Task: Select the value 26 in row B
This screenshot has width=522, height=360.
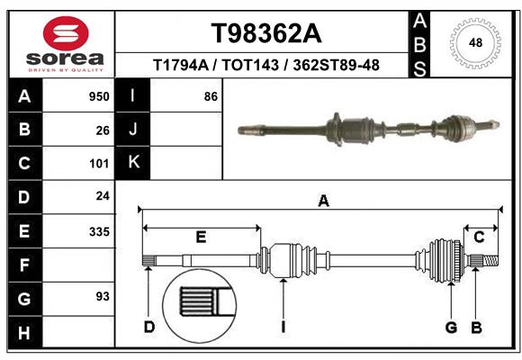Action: point(103,130)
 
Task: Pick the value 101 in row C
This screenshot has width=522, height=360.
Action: point(99,164)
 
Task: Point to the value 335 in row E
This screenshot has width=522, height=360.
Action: point(99,231)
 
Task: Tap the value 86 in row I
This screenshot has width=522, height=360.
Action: point(211,96)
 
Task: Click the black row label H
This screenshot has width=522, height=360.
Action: point(24,332)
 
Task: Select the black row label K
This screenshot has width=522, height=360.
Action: point(133,163)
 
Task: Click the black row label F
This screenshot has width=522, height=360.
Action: point(24,265)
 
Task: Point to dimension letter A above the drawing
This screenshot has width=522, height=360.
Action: point(323,202)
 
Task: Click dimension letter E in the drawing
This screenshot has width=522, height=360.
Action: point(201,237)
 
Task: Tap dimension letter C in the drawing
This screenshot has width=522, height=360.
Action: point(479,237)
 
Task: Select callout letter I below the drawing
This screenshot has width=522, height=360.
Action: point(283,327)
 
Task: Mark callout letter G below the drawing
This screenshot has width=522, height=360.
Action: point(452,327)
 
